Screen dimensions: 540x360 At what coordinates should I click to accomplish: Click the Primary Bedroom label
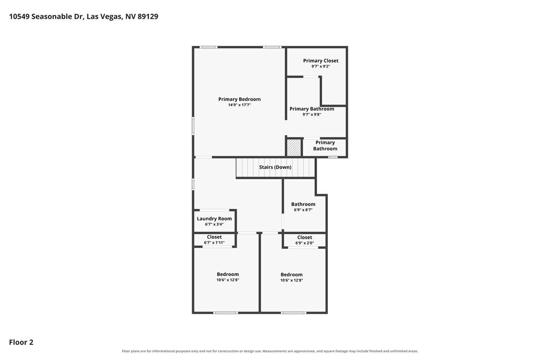click(x=239, y=99)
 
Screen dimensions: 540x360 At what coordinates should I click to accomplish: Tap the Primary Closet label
click(x=321, y=60)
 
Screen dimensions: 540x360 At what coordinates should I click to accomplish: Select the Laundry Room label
click(x=214, y=219)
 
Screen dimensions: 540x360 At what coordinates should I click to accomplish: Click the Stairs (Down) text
click(x=275, y=167)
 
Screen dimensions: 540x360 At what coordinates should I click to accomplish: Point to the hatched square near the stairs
click(x=294, y=147)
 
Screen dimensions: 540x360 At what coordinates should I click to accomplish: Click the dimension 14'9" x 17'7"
click(x=239, y=105)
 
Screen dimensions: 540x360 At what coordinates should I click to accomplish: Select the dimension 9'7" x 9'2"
click(x=321, y=66)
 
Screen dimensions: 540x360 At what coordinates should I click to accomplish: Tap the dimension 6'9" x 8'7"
click(x=303, y=210)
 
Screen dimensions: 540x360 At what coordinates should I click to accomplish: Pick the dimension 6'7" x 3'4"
click(x=214, y=225)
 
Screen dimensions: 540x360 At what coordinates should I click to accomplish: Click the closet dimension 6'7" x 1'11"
click(x=214, y=243)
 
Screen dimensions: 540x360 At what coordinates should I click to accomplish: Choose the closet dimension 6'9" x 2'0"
click(x=305, y=243)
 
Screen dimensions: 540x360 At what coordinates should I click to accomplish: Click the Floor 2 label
click(x=21, y=342)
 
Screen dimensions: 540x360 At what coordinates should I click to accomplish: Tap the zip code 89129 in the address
click(x=148, y=17)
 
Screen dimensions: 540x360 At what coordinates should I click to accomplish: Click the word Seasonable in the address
click(x=52, y=17)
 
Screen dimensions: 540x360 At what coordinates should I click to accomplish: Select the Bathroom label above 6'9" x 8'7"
click(x=303, y=204)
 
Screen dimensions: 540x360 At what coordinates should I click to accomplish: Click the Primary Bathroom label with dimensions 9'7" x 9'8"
click(x=312, y=109)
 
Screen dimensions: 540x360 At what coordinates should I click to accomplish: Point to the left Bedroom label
click(x=228, y=274)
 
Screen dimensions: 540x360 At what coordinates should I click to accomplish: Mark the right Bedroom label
click(x=292, y=275)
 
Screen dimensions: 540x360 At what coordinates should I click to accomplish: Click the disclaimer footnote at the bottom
click(x=269, y=351)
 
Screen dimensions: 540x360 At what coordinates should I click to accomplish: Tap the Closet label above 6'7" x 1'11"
click(x=214, y=237)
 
